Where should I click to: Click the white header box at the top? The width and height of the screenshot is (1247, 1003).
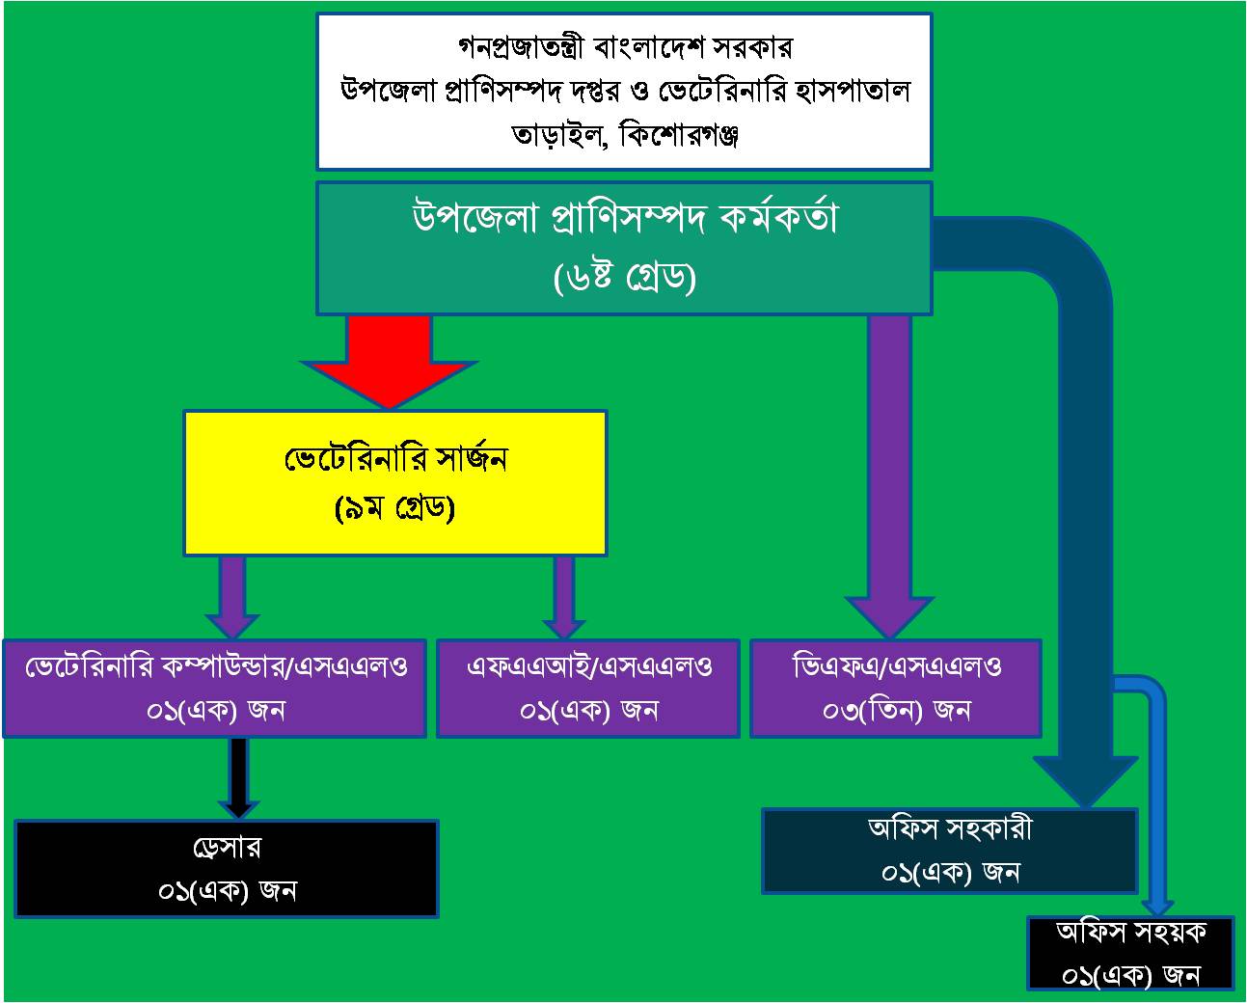coord(624,91)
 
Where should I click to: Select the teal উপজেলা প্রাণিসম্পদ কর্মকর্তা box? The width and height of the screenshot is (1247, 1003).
coord(624,248)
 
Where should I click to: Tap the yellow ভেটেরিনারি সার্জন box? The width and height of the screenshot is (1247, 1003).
coord(394,482)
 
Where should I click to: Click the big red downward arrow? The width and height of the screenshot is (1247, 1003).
coord(389,362)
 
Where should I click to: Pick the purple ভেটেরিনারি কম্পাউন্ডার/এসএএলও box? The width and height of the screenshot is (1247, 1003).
coord(214,688)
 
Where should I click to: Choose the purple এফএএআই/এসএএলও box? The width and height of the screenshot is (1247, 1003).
coord(588,688)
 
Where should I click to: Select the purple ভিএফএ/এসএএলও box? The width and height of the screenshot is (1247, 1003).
coord(895,688)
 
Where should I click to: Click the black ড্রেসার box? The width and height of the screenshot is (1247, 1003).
coord(227,868)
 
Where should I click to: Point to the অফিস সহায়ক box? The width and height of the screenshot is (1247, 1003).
coord(1130,953)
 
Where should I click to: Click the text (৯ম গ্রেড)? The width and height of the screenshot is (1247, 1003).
coord(394,508)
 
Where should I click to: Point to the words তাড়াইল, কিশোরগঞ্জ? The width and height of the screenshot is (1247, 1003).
coord(624,136)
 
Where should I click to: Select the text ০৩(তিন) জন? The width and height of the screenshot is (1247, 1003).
coord(895,711)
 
